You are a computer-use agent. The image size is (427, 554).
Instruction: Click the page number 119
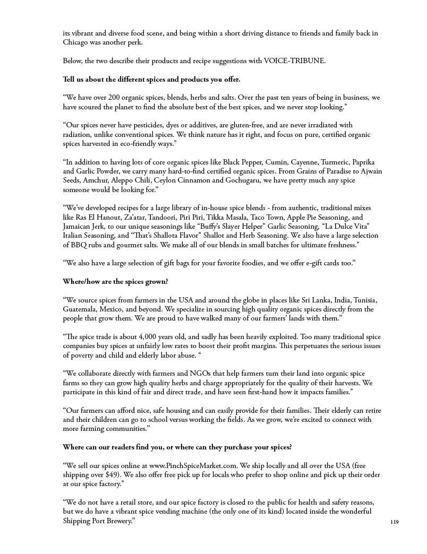[394, 522]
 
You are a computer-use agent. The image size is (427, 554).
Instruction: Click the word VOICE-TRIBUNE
[294, 61]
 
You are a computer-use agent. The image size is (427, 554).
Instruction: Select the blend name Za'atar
[149, 218]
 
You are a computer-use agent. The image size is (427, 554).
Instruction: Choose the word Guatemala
[81, 309]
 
